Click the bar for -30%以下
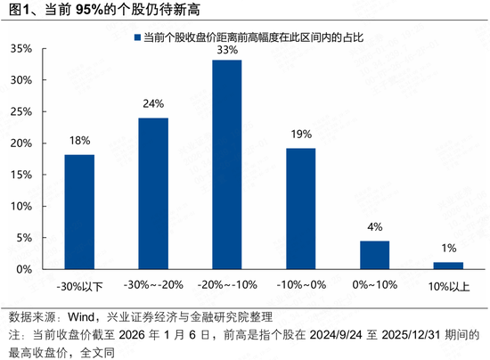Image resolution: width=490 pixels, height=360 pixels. click(x=79, y=212)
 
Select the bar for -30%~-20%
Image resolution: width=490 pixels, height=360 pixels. click(x=153, y=193)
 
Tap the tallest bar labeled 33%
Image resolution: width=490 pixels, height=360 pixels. click(x=226, y=165)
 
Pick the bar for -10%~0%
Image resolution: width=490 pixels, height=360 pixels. click(x=300, y=209)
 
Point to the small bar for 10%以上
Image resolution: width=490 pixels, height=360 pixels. click(x=448, y=266)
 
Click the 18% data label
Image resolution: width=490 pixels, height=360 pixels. click(x=79, y=141)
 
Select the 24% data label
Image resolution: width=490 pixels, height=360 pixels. click(x=153, y=103)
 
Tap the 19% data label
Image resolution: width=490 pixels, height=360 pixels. click(x=300, y=135)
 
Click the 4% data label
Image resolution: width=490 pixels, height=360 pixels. click(x=374, y=227)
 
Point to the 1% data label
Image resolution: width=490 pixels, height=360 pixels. click(x=448, y=248)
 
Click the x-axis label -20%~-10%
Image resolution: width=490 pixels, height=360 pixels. click(x=226, y=287)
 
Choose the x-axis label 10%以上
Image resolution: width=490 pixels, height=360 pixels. click(x=448, y=287)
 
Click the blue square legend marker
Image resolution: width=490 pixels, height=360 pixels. click(x=135, y=38)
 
